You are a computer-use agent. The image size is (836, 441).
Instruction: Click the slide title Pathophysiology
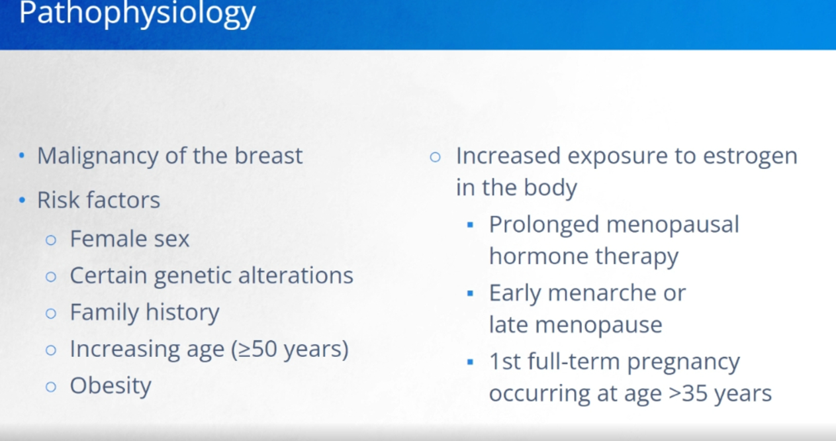pos(137,13)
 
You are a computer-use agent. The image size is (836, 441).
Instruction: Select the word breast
pos(268,156)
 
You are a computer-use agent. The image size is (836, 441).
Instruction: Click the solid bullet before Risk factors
pos(22,201)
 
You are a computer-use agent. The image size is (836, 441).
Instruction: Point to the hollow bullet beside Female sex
pos(51,240)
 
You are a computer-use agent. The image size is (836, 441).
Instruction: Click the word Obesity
pos(111,386)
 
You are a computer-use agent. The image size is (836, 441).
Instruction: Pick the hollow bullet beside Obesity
pos(51,387)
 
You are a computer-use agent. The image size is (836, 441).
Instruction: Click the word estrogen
pos(750,157)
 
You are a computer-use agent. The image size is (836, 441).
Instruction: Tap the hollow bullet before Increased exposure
pos(435,157)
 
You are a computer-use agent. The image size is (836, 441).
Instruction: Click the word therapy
pos(637,258)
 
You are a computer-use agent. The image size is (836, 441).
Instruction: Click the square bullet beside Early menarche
pos(470,293)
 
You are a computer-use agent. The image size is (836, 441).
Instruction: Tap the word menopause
pos(598,326)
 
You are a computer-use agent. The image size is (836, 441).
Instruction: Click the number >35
pos(688,393)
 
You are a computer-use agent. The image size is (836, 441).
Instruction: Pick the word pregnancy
pos(683,363)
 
